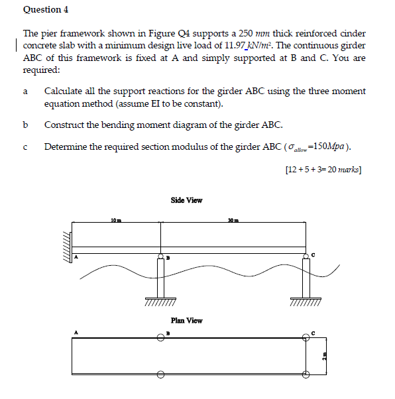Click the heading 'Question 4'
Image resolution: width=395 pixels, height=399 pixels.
(x=46, y=9)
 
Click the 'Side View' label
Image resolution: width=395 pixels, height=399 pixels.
(x=186, y=199)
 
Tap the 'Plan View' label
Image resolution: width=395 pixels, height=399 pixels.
(x=186, y=320)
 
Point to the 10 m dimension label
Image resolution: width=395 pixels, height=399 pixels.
(x=115, y=219)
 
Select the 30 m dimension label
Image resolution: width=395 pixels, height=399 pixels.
(x=231, y=219)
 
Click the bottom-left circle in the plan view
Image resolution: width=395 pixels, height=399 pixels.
(x=160, y=373)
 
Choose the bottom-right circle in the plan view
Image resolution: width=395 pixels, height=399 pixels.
(x=306, y=373)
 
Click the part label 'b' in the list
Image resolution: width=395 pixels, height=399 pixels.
(x=25, y=125)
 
